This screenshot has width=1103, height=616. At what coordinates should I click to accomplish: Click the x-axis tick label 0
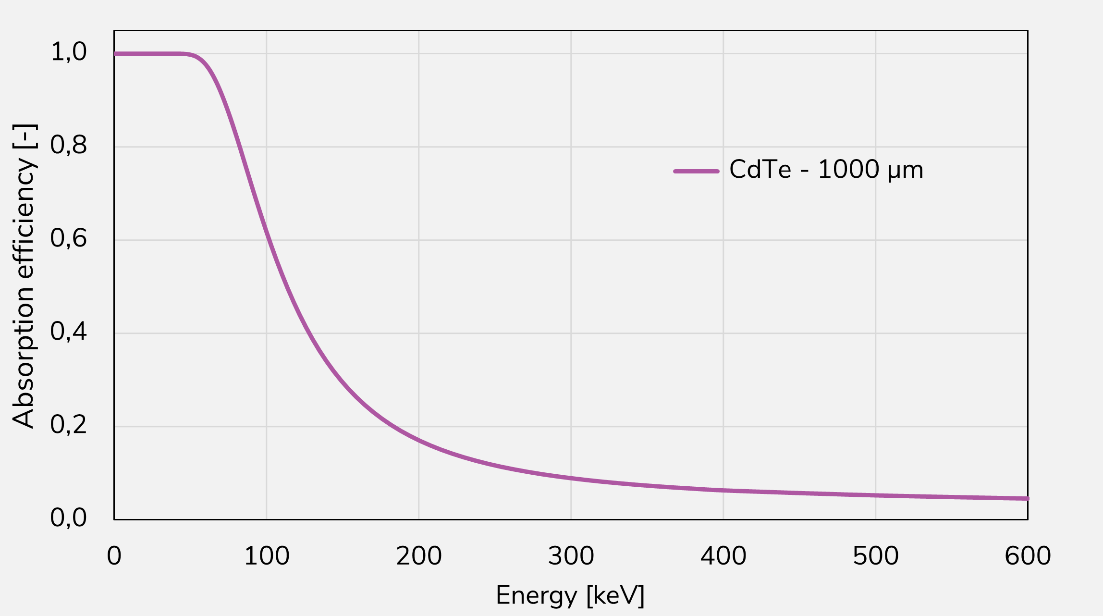click(x=114, y=556)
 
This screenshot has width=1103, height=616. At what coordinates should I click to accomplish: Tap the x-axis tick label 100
click(x=267, y=556)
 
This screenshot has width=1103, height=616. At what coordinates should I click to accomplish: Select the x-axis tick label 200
click(x=418, y=556)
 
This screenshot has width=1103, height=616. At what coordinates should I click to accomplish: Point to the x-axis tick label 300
click(x=571, y=556)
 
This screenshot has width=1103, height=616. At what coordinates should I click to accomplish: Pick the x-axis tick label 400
click(x=723, y=556)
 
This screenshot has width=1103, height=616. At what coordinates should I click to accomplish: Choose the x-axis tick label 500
click(x=875, y=556)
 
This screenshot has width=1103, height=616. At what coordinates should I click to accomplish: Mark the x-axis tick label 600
click(x=1028, y=556)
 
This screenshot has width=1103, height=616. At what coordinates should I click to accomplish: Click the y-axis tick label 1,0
click(x=69, y=52)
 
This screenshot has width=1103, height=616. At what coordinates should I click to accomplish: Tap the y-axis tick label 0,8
click(x=69, y=145)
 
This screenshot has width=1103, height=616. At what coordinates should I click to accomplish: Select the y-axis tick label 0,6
click(x=69, y=238)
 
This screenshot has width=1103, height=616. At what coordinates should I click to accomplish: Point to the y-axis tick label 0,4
click(x=69, y=332)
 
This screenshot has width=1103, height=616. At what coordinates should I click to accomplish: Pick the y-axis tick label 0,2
click(x=69, y=425)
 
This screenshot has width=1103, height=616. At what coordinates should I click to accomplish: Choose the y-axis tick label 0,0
click(x=69, y=518)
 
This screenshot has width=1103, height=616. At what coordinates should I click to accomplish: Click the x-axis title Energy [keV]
click(x=570, y=596)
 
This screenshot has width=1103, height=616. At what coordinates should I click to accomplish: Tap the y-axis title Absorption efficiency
click(x=24, y=276)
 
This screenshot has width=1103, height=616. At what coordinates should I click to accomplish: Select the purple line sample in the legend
click(x=696, y=171)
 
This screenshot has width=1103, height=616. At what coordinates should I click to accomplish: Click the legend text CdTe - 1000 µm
click(x=826, y=170)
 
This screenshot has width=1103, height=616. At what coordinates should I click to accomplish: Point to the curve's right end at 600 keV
click(x=1027, y=498)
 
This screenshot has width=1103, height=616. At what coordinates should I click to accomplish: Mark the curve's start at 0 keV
click(x=115, y=54)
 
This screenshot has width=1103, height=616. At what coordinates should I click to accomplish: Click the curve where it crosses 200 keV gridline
click(x=418, y=440)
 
